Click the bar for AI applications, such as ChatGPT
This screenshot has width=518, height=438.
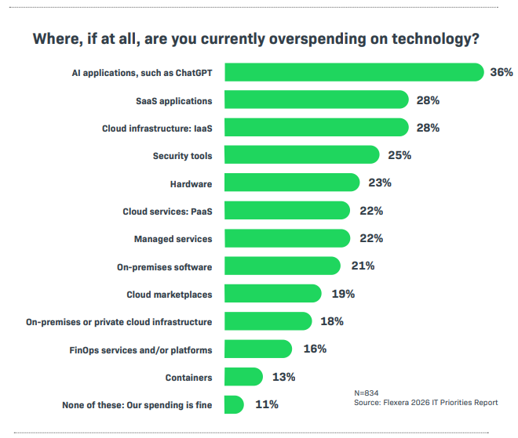[x=353, y=72]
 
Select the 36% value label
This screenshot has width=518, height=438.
[x=501, y=72]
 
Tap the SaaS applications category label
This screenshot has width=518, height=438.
[x=173, y=100]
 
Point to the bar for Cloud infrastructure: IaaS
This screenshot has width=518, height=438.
[x=316, y=128]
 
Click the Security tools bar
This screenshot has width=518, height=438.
[x=301, y=155]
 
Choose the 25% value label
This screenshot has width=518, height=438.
[x=399, y=155]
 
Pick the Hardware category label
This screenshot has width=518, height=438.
[x=191, y=183]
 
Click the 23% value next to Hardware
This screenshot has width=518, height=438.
[x=380, y=183]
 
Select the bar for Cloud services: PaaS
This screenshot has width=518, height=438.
[x=286, y=211]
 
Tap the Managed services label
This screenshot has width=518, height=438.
[x=173, y=238]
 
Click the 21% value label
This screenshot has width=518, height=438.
[x=363, y=266]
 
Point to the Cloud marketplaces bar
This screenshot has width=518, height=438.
[x=272, y=294]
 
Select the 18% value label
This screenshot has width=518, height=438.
[x=332, y=321]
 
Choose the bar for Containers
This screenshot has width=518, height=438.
[x=244, y=377]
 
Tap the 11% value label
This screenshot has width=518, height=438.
[x=266, y=405]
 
